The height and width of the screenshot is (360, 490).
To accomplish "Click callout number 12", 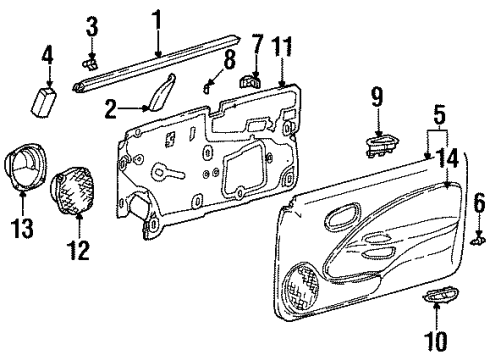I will coord(77,245).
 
